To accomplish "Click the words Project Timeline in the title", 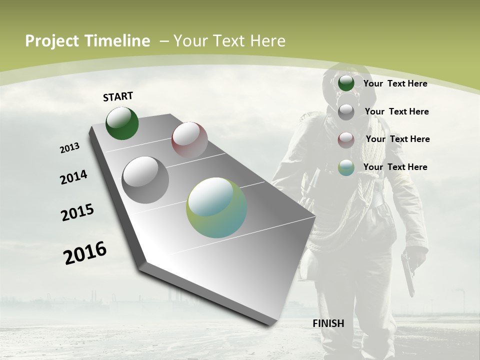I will pyautogui.click(x=87, y=41).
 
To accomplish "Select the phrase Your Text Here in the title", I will pyautogui.click(x=229, y=41).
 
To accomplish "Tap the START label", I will pyautogui.click(x=118, y=96).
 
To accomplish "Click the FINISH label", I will pyautogui.click(x=328, y=323).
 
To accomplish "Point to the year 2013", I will pyautogui.click(x=69, y=148).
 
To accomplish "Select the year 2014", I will pyautogui.click(x=73, y=177).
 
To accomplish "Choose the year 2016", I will pyautogui.click(x=85, y=253).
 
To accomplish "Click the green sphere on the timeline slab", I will pyautogui.click(x=122, y=123).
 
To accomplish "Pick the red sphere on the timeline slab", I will pyautogui.click(x=189, y=139).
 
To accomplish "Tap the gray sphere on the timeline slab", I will pyautogui.click(x=145, y=180).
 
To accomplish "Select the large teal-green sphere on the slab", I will pyautogui.click(x=216, y=207).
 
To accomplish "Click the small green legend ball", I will pyautogui.click(x=346, y=83).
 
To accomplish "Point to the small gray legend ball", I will pyautogui.click(x=346, y=111).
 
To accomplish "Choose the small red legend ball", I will pyautogui.click(x=346, y=139).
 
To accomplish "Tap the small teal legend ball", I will pyautogui.click(x=346, y=167).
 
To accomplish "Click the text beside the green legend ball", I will pyautogui.click(x=395, y=83).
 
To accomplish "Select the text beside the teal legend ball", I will pyautogui.click(x=395, y=167).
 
